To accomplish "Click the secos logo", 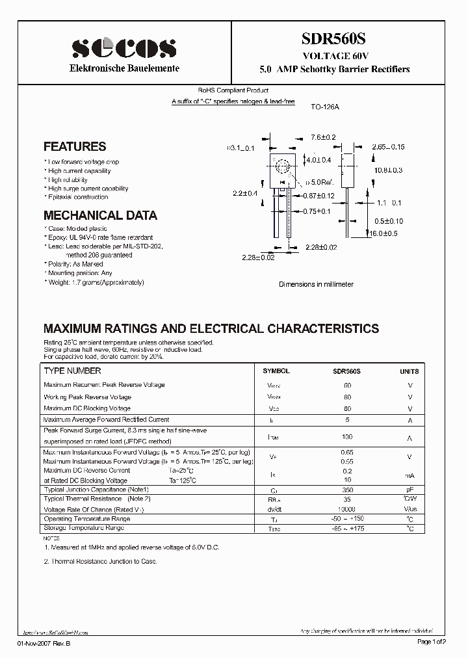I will coord(123,47).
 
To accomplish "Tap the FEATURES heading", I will coord(75,147).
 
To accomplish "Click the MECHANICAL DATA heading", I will coord(100,215).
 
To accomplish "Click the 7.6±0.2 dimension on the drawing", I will coord(322,137).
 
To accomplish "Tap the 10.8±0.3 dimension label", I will coord(388,170).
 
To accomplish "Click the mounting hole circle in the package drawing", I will coord(283,166).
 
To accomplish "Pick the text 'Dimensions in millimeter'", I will coord(316,285).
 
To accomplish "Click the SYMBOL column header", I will coord(276,371).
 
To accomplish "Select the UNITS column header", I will coord(409,371).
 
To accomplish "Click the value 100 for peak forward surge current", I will coord(347,437).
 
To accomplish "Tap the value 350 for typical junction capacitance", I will coord(347,490).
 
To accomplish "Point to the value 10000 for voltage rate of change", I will coord(347,509).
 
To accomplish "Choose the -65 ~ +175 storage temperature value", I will coord(347,529).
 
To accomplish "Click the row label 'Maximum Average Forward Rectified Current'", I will coord(106,420).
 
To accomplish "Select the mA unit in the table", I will coord(409,475).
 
